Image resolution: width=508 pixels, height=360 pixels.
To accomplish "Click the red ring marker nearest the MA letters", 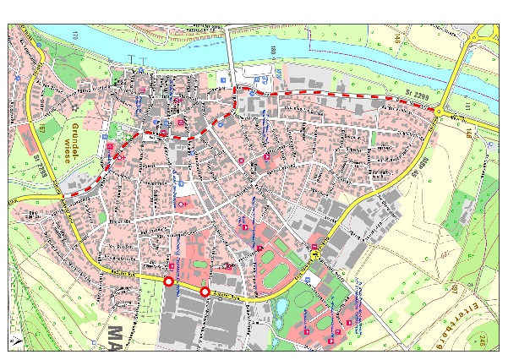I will [168, 281].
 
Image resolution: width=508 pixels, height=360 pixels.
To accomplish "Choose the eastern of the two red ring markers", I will [205, 292].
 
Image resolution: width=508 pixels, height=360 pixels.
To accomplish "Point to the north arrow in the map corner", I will [14, 342].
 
